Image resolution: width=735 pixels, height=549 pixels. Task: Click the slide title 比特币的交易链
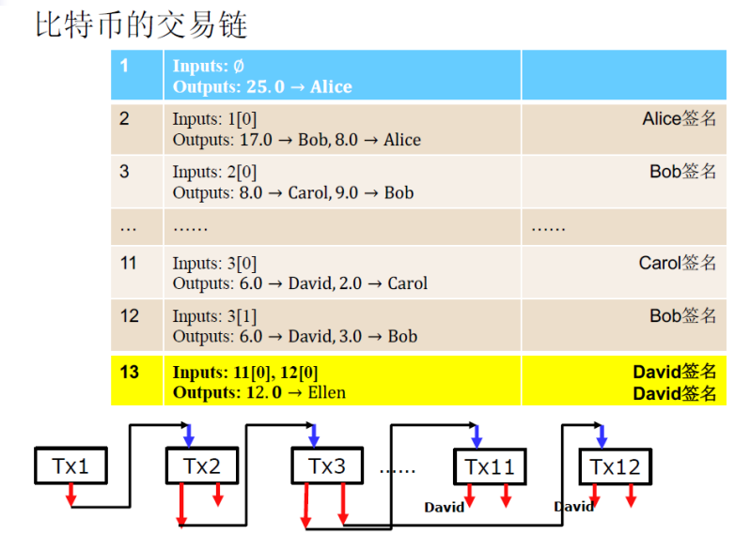(142, 24)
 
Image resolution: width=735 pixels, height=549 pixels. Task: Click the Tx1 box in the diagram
(70, 465)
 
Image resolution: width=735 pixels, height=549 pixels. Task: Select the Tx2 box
(202, 465)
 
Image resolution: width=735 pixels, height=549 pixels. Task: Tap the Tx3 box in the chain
(326, 465)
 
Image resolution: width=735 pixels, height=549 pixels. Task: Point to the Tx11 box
(490, 466)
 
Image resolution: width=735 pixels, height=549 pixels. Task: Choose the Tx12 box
(616, 465)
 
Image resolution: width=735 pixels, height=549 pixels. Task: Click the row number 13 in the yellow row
(129, 373)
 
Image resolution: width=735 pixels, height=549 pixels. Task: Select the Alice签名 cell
(680, 119)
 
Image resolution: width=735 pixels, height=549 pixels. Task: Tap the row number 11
(129, 263)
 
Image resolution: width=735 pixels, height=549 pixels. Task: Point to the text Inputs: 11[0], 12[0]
(239, 373)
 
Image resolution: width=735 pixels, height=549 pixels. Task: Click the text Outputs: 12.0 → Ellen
(258, 392)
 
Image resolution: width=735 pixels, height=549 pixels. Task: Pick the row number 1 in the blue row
(125, 66)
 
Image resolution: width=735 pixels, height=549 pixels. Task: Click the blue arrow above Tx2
(189, 435)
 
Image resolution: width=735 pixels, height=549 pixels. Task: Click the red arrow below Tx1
(70, 495)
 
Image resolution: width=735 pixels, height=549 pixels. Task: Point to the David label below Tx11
(444, 507)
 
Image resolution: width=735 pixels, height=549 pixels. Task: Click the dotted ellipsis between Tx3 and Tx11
(397, 468)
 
